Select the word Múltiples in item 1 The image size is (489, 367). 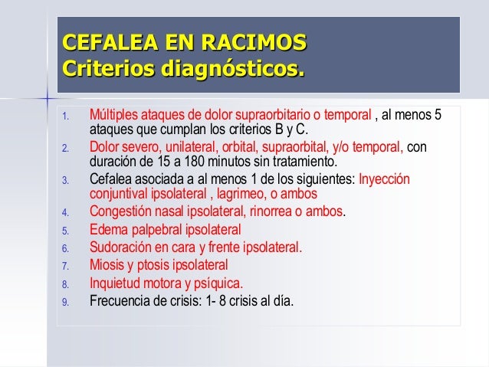click(114, 116)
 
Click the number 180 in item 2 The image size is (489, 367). click(182, 162)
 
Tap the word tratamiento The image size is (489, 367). click(301, 162)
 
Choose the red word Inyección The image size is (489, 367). click(385, 179)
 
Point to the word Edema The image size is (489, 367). click(108, 229)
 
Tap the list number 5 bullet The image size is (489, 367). click(66, 231)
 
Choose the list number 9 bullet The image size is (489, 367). click(66, 302)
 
